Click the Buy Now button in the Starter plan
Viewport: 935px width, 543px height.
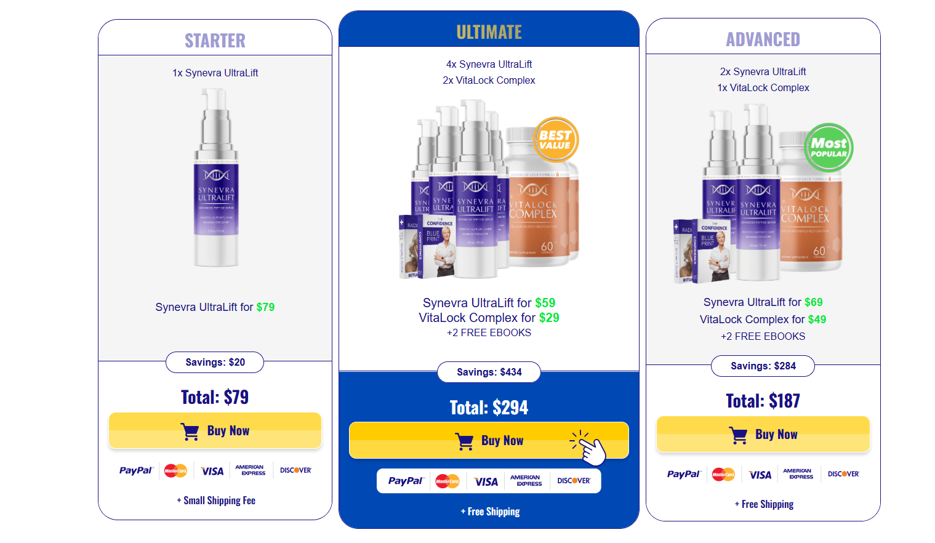coord(215,430)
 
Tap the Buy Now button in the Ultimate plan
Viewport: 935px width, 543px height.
coord(489,440)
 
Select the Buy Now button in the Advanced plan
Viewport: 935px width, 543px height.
coord(763,434)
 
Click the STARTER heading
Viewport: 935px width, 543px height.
coord(215,41)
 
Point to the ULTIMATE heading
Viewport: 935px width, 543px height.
coord(489,32)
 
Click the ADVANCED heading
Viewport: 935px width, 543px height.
coord(763,39)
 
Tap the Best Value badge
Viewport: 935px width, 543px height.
coord(555,140)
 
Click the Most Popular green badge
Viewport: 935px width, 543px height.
coord(829,147)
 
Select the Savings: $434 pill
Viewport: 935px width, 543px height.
coord(489,372)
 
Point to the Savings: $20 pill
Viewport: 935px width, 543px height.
coord(215,362)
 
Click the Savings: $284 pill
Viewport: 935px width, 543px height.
coord(763,366)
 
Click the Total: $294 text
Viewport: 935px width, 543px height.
coord(489,408)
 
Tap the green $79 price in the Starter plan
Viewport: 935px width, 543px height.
coord(265,307)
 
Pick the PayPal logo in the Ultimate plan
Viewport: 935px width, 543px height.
coord(406,481)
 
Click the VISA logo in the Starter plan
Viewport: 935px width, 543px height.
coord(212,471)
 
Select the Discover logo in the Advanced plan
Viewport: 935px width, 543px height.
coord(843,474)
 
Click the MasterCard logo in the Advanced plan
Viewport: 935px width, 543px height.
coord(723,474)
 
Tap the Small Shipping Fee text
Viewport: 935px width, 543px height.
coord(216,501)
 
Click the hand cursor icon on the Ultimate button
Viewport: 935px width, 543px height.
coord(590,449)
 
